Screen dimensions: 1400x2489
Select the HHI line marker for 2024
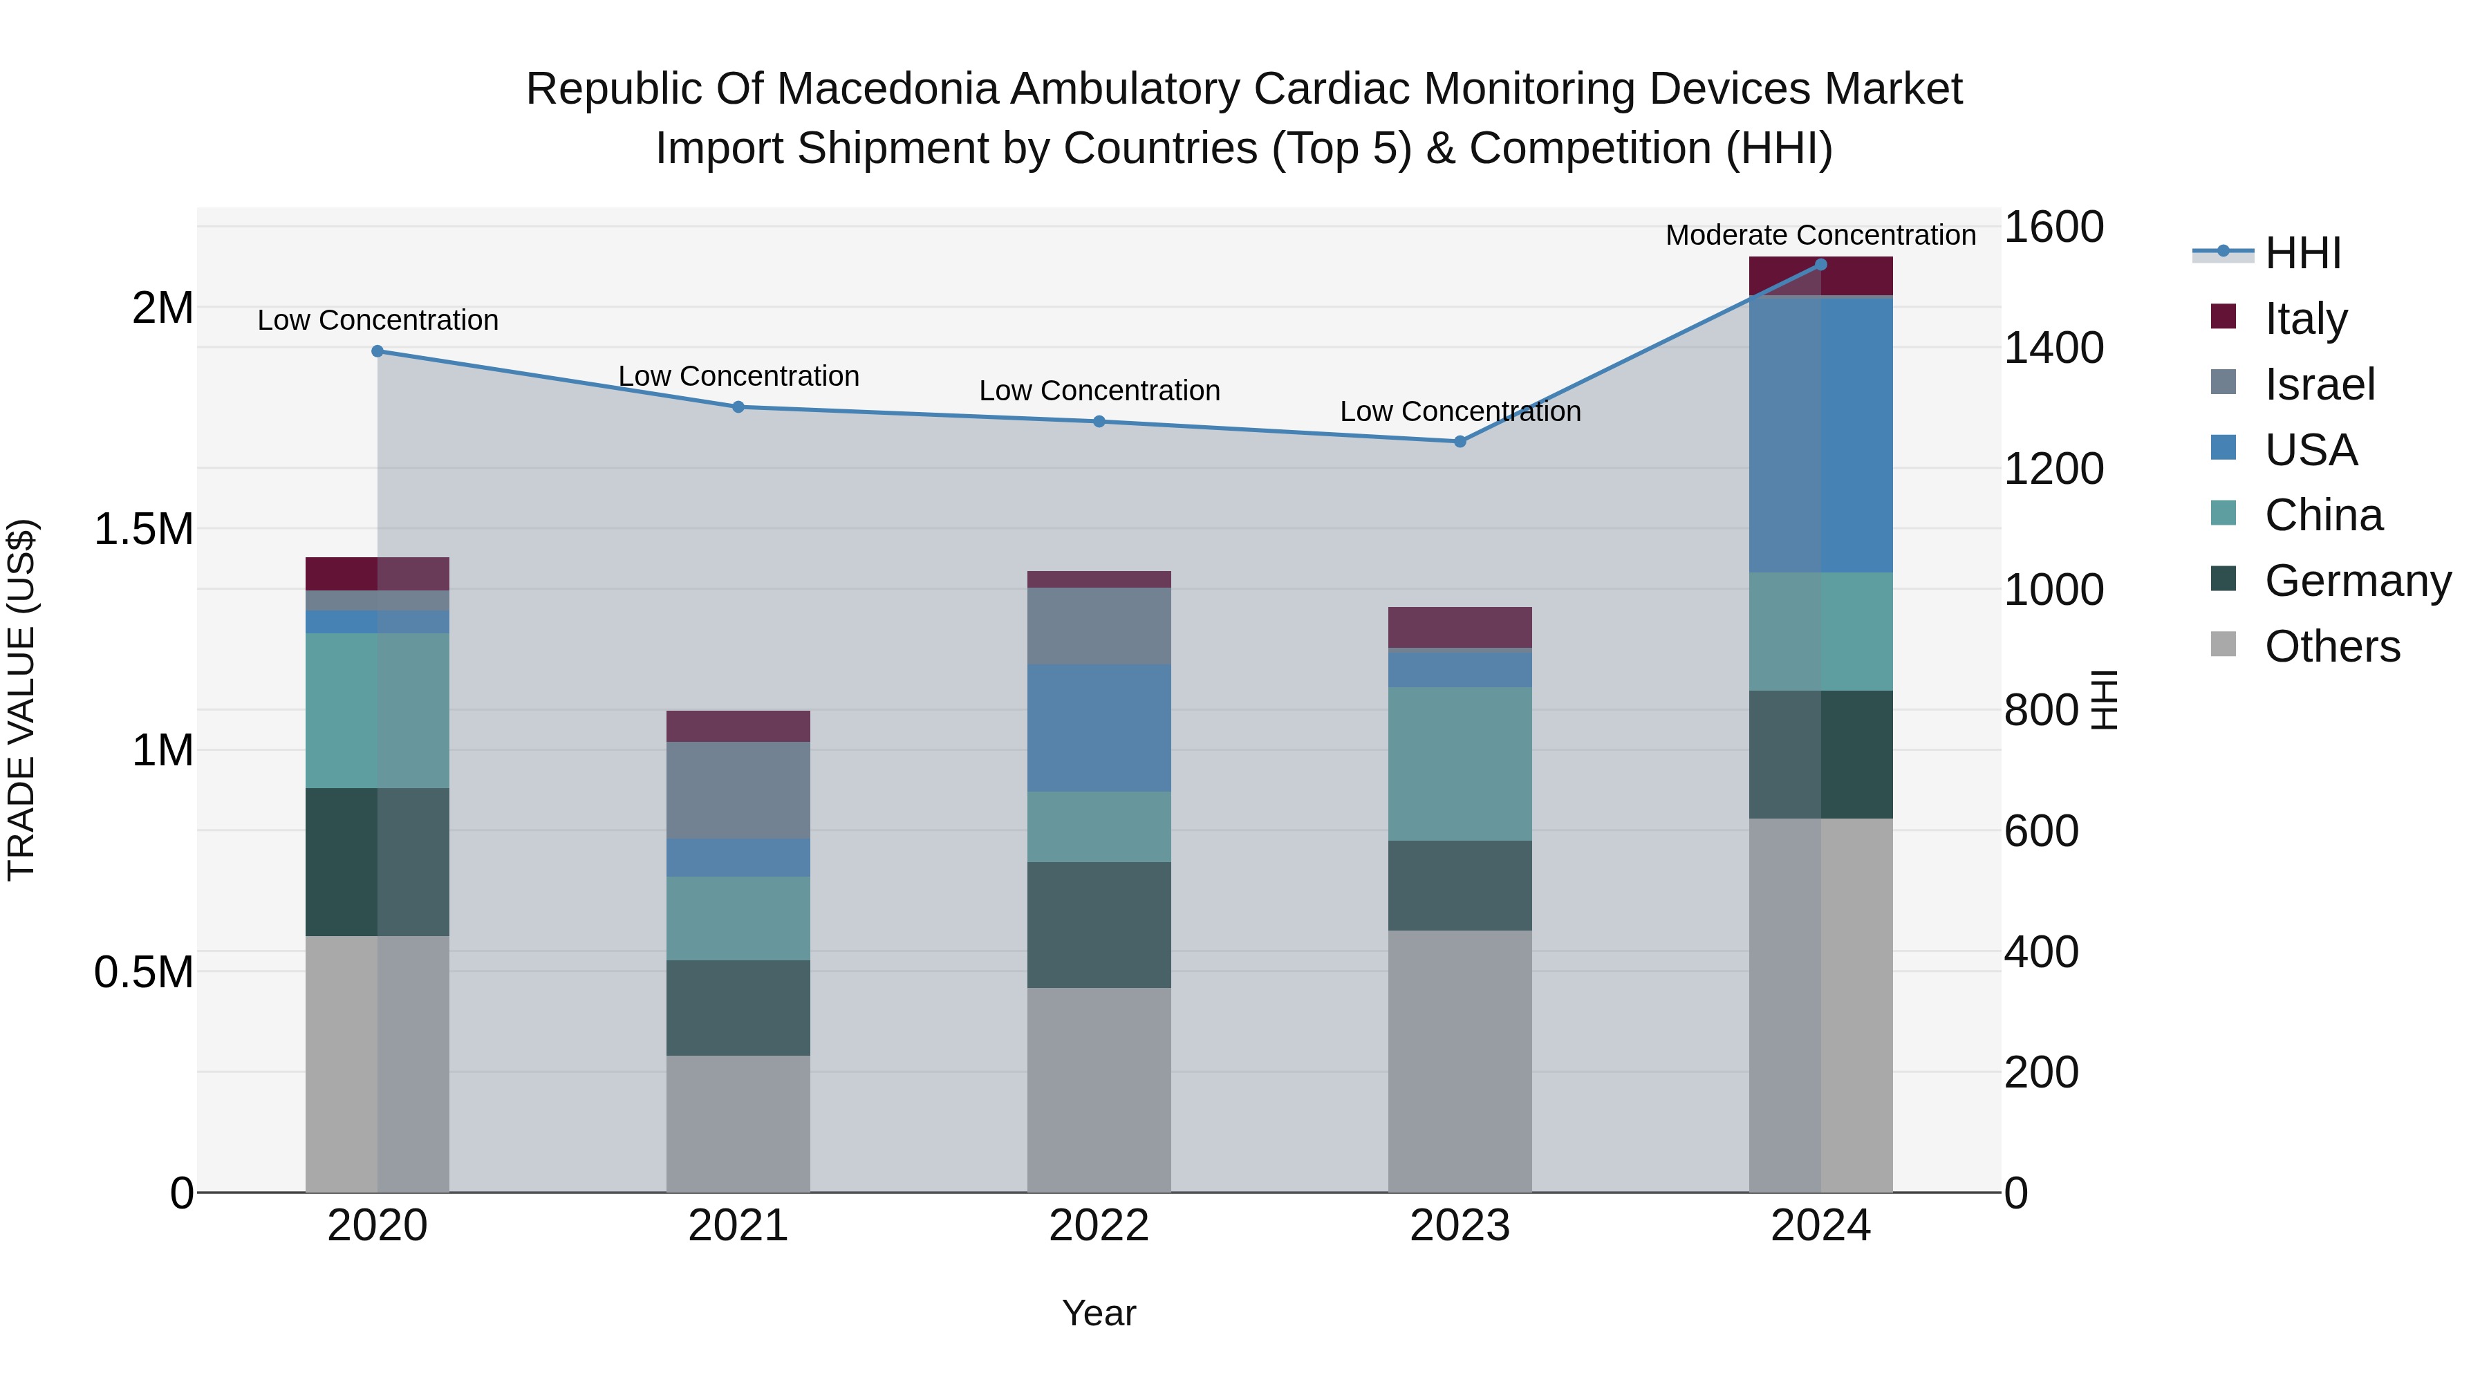1820,265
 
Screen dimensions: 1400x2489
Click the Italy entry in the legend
2304,319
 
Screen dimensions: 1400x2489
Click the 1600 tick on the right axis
2053,228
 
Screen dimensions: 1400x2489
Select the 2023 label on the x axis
1459,1226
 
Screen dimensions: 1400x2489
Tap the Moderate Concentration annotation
1820,235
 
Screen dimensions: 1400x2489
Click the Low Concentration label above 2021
738,376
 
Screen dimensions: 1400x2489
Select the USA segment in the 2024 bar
1820,435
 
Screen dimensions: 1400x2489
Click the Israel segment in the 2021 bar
738,790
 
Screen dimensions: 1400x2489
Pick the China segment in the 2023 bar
1459,763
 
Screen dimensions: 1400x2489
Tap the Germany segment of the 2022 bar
1099,924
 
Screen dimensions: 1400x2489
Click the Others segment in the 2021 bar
738,1123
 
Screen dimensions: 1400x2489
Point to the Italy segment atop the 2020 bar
377,574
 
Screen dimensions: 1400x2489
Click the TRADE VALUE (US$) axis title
21,700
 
